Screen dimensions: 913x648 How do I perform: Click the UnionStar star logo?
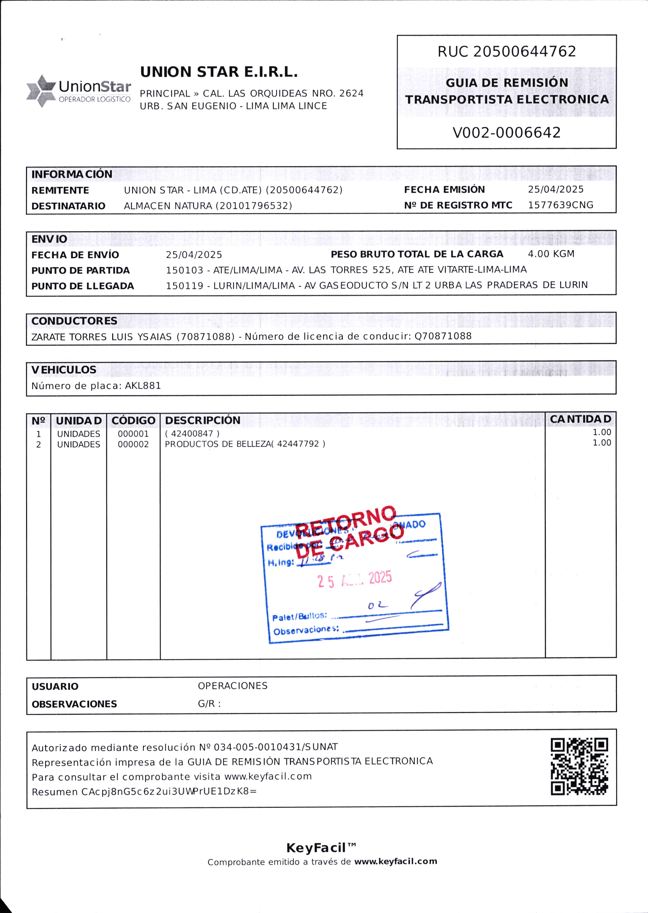pos(41,91)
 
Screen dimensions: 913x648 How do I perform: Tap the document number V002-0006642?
pos(506,133)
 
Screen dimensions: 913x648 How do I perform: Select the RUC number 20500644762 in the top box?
pos(525,52)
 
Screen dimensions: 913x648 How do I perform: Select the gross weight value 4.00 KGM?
pos(551,254)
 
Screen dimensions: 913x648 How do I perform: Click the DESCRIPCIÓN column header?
pos(203,420)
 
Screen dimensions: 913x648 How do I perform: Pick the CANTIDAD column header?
pos(580,419)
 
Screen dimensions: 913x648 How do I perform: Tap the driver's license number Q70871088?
pos(443,336)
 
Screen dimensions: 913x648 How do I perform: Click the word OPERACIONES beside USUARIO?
pos(233,686)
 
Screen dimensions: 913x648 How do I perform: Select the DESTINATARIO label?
pos(68,206)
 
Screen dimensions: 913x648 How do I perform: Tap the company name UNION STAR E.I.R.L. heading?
pos(219,72)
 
